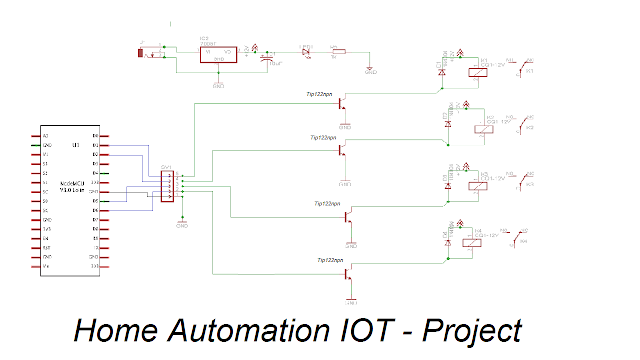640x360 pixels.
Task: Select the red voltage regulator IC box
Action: point(217,56)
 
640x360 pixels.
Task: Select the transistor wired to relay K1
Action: point(342,103)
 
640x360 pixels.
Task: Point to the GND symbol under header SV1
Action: point(181,224)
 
